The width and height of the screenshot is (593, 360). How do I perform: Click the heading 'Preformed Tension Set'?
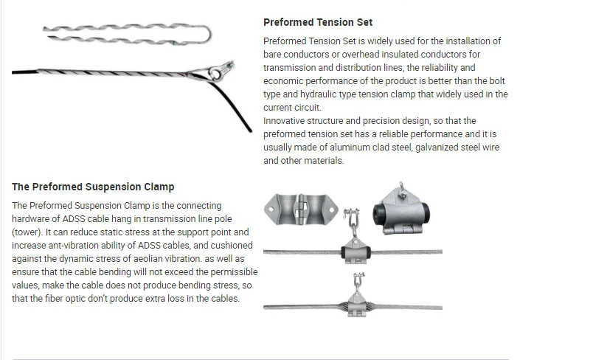click(318, 23)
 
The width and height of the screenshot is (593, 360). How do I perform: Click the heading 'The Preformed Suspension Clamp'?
click(93, 187)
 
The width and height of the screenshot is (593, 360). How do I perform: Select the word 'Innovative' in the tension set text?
click(288, 121)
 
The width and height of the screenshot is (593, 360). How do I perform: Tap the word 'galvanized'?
click(426, 148)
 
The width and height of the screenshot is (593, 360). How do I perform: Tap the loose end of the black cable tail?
click(249, 131)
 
